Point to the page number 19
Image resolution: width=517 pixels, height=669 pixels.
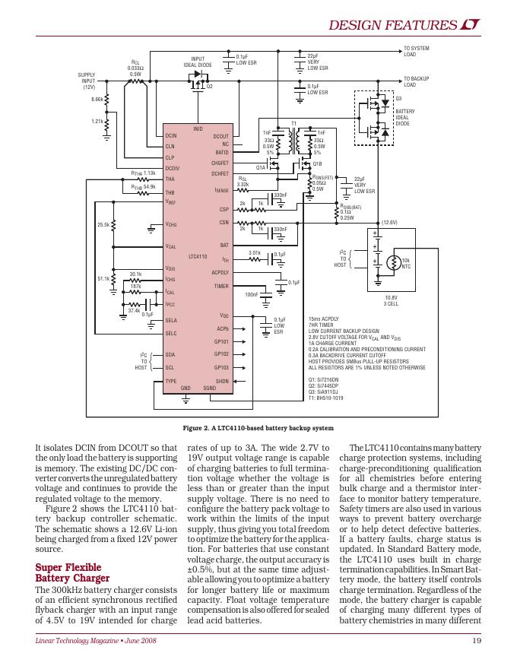pyautogui.click(x=477, y=642)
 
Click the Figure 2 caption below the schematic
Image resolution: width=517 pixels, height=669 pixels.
pyautogui.click(x=258, y=427)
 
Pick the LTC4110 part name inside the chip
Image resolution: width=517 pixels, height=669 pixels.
pyautogui.click(x=198, y=257)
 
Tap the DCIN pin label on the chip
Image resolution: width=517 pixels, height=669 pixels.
pyautogui.click(x=171, y=135)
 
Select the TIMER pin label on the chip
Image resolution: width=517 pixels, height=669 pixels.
pyautogui.click(x=221, y=286)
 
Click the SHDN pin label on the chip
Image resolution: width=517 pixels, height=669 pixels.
pyautogui.click(x=222, y=380)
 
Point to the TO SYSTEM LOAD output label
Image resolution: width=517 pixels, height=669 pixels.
pyautogui.click(x=416, y=52)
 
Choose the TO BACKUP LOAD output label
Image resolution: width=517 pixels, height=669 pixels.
pyautogui.click(x=417, y=81)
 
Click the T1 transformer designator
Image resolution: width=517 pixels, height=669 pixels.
pyautogui.click(x=294, y=122)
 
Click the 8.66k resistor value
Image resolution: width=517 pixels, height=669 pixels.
pyautogui.click(x=97, y=99)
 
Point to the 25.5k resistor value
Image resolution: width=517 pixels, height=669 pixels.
pyautogui.click(x=103, y=225)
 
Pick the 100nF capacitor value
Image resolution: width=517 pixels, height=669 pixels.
pyautogui.click(x=251, y=293)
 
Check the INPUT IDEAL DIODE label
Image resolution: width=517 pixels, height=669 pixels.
pyautogui.click(x=198, y=62)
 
